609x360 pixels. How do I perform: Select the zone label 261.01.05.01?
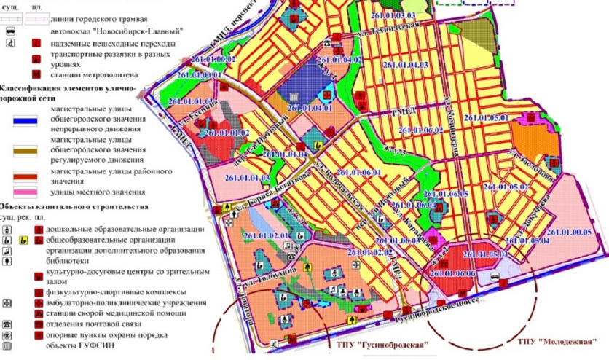point(488,117)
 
